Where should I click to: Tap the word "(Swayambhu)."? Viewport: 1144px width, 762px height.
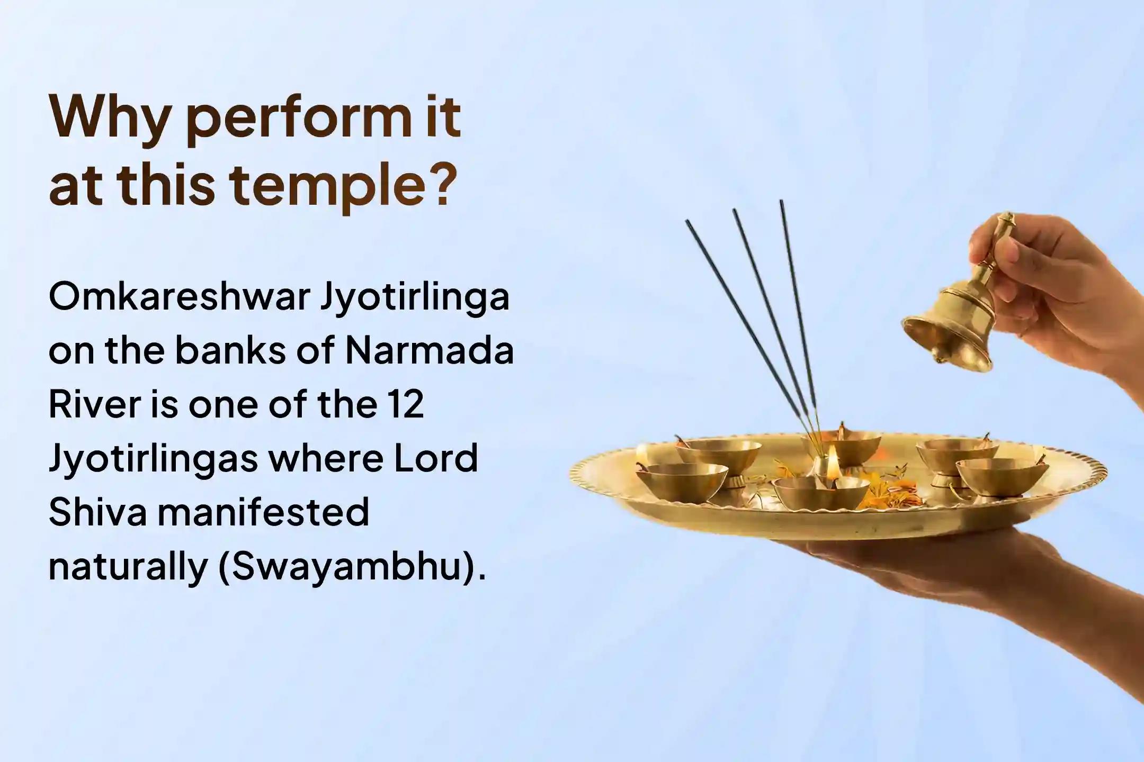[x=352, y=566]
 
